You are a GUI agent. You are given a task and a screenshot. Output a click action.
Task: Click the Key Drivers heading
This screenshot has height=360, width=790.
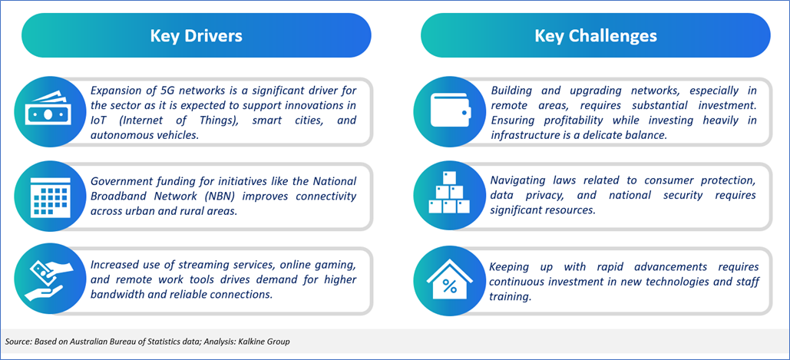pos(196,36)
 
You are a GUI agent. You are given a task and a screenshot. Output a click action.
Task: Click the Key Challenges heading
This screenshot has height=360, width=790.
pos(596,36)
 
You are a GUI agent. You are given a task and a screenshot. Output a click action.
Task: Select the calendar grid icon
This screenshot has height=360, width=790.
pos(45,197)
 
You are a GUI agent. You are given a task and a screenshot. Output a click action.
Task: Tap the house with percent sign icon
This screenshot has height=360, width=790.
pos(448,281)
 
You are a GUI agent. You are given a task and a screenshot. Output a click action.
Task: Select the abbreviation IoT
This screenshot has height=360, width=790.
pos(98,121)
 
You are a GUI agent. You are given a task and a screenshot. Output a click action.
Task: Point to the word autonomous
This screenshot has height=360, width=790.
pos(115,135)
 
